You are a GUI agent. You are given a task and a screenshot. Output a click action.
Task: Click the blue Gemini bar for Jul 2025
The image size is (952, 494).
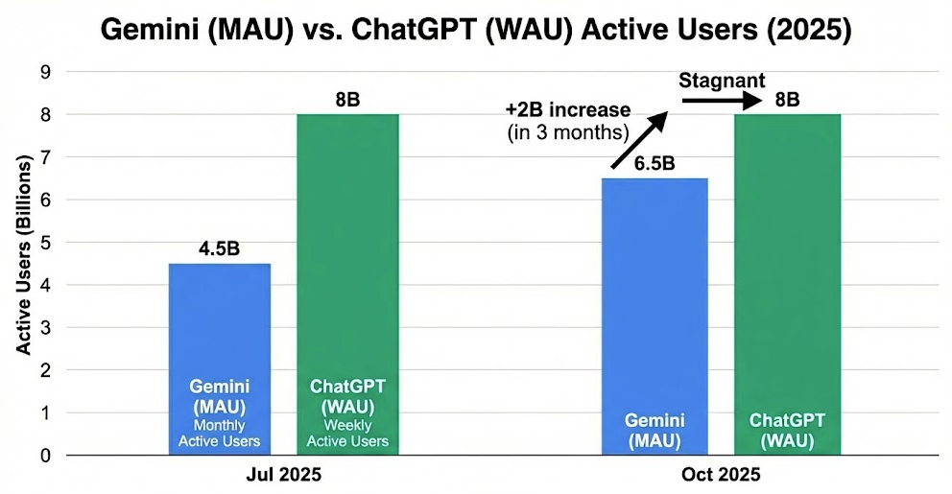219,326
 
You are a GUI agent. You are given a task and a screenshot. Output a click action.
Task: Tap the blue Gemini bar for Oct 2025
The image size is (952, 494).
654,288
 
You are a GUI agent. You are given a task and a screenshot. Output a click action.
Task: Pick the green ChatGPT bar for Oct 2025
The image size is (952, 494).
787,249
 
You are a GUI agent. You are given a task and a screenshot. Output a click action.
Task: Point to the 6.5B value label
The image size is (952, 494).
654,164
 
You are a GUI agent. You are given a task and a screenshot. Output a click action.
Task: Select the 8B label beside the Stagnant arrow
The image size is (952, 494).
787,99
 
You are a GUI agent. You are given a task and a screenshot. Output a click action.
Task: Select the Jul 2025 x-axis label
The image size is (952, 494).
283,474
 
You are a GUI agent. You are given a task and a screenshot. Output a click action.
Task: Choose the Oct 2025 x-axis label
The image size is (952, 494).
721,474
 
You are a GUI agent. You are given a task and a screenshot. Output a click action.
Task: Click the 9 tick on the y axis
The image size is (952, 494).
45,72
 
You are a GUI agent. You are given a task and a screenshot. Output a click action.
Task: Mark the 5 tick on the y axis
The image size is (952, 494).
45,243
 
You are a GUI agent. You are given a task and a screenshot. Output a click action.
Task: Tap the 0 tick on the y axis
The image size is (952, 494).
45,456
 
